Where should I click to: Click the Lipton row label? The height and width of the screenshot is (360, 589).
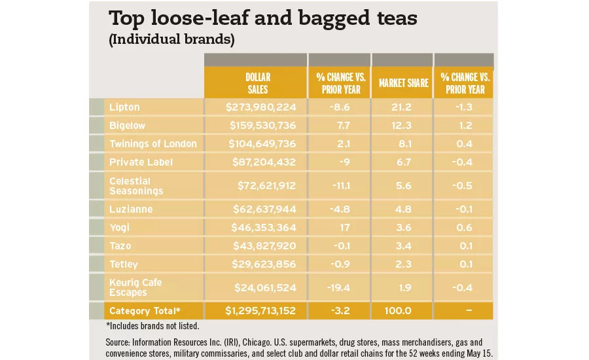[125, 107]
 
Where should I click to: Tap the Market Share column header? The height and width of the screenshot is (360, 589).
[403, 84]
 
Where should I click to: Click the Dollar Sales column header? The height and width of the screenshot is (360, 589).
[257, 84]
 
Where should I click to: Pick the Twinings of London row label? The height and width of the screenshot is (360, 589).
[153, 144]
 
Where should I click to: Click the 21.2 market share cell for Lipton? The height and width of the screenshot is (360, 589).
[403, 107]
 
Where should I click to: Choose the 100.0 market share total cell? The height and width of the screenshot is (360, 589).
[403, 311]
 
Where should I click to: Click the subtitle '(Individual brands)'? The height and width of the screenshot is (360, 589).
[171, 40]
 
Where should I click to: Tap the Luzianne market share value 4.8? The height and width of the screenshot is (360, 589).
[403, 209]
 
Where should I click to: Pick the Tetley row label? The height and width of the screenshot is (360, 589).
[124, 264]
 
